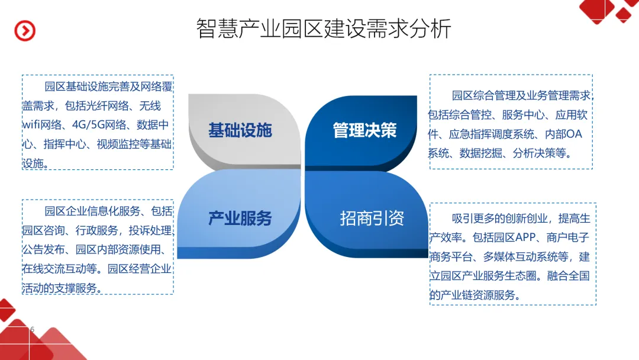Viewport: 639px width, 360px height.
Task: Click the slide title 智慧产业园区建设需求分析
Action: (324, 28)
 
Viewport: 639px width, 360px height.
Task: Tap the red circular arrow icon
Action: (25, 31)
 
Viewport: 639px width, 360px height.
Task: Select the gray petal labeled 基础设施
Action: (240, 130)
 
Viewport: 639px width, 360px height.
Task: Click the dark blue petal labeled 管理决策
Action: (364, 130)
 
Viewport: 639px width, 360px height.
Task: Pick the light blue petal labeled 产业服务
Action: (240, 218)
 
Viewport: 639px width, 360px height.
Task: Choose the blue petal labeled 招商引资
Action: (372, 218)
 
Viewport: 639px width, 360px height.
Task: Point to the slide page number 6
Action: (32, 329)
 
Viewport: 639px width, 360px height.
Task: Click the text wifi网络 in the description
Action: (42, 125)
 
